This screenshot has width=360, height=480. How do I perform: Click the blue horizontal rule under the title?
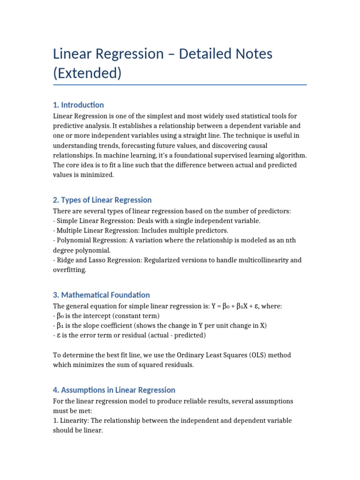(180, 85)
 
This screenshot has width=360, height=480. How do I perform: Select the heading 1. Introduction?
(78, 105)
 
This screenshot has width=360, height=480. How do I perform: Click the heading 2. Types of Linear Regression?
(102, 200)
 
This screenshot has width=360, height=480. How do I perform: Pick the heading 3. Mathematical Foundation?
(101, 295)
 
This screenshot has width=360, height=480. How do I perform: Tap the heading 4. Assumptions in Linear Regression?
(114, 390)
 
